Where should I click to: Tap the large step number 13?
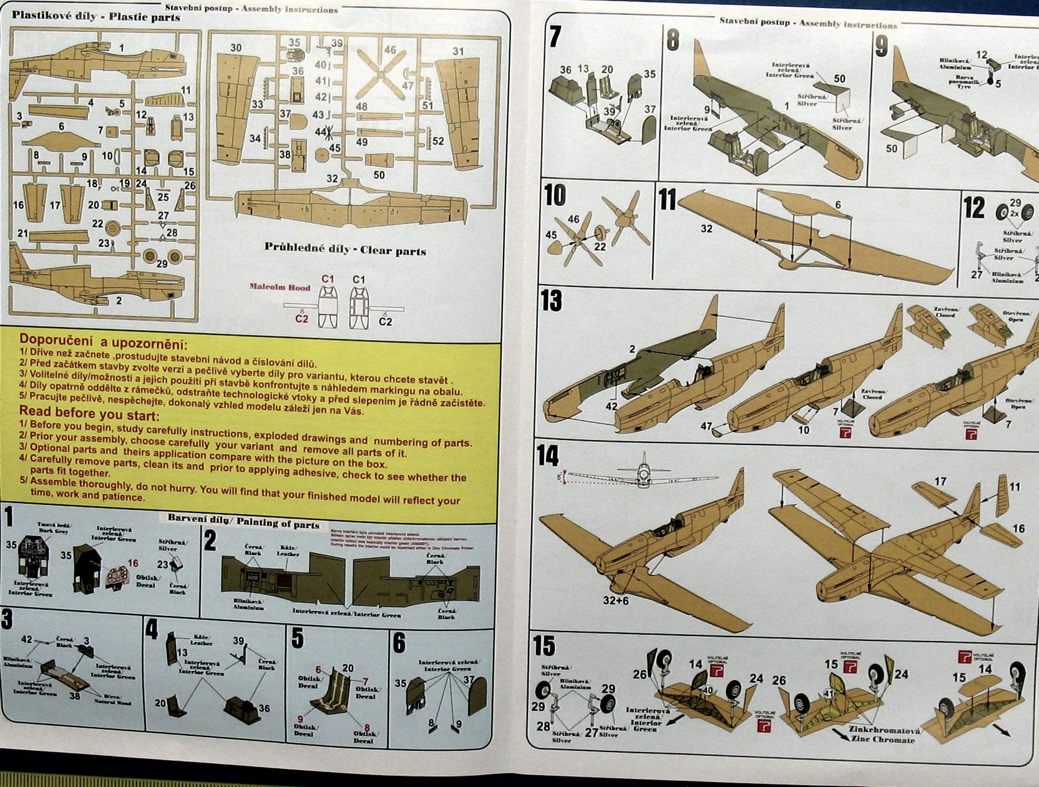click(552, 301)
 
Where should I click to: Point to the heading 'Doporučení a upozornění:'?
click(104, 341)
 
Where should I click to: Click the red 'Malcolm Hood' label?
click(280, 287)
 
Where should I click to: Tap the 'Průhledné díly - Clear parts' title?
click(345, 249)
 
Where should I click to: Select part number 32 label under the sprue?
click(332, 178)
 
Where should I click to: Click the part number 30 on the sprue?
click(236, 48)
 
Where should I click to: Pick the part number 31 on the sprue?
click(459, 52)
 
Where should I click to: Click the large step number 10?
click(555, 195)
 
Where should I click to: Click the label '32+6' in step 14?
click(616, 600)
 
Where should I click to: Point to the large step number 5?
click(298, 638)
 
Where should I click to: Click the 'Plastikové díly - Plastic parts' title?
click(95, 16)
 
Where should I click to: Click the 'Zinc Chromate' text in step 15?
click(882, 740)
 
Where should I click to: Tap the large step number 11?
click(667, 200)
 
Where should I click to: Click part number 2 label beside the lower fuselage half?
click(119, 301)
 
